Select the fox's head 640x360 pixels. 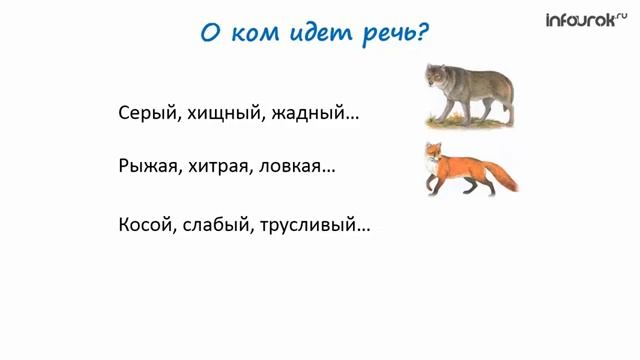[x=432, y=152]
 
